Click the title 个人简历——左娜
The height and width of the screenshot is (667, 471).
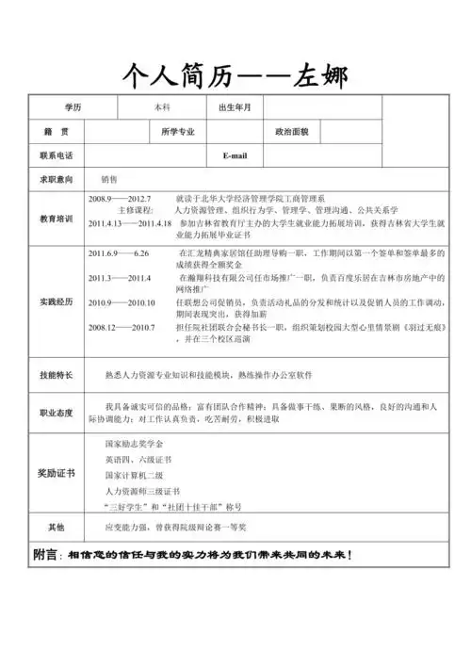point(235,73)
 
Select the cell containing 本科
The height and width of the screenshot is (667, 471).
point(162,107)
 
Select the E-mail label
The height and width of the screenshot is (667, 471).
point(235,154)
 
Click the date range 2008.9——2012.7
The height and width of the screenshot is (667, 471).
point(120,199)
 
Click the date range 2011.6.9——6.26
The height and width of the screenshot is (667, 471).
point(119,255)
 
